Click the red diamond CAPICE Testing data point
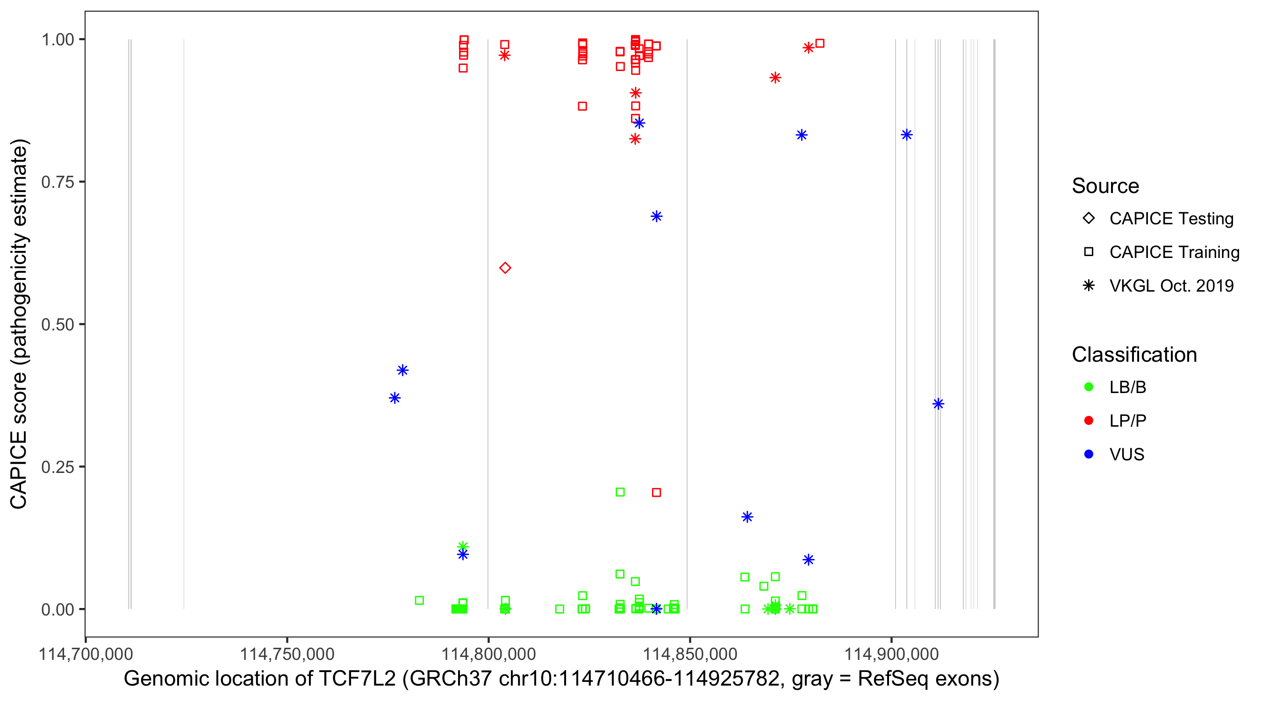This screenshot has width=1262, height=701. click(505, 267)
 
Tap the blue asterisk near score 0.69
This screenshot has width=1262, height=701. click(657, 216)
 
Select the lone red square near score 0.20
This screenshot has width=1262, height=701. click(657, 492)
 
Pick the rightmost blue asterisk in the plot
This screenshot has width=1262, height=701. click(938, 404)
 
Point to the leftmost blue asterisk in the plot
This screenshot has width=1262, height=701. click(395, 398)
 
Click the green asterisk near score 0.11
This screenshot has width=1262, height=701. click(463, 546)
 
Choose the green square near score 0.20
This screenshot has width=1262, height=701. click(620, 492)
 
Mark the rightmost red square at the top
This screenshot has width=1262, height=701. click(820, 43)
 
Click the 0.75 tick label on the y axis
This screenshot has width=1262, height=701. click(57, 182)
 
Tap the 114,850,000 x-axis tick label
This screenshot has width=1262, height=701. click(690, 654)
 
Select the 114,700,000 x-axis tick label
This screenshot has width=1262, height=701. click(86, 654)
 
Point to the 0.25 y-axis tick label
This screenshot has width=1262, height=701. click(57, 467)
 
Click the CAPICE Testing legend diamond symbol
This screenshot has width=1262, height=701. click(1089, 218)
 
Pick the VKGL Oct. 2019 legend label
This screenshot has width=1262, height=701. click(1171, 286)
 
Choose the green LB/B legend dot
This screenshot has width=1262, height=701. click(1089, 387)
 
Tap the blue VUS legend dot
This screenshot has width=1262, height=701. click(1089, 454)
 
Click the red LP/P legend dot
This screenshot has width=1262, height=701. click(1089, 421)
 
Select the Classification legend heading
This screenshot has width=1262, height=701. click(1134, 355)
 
